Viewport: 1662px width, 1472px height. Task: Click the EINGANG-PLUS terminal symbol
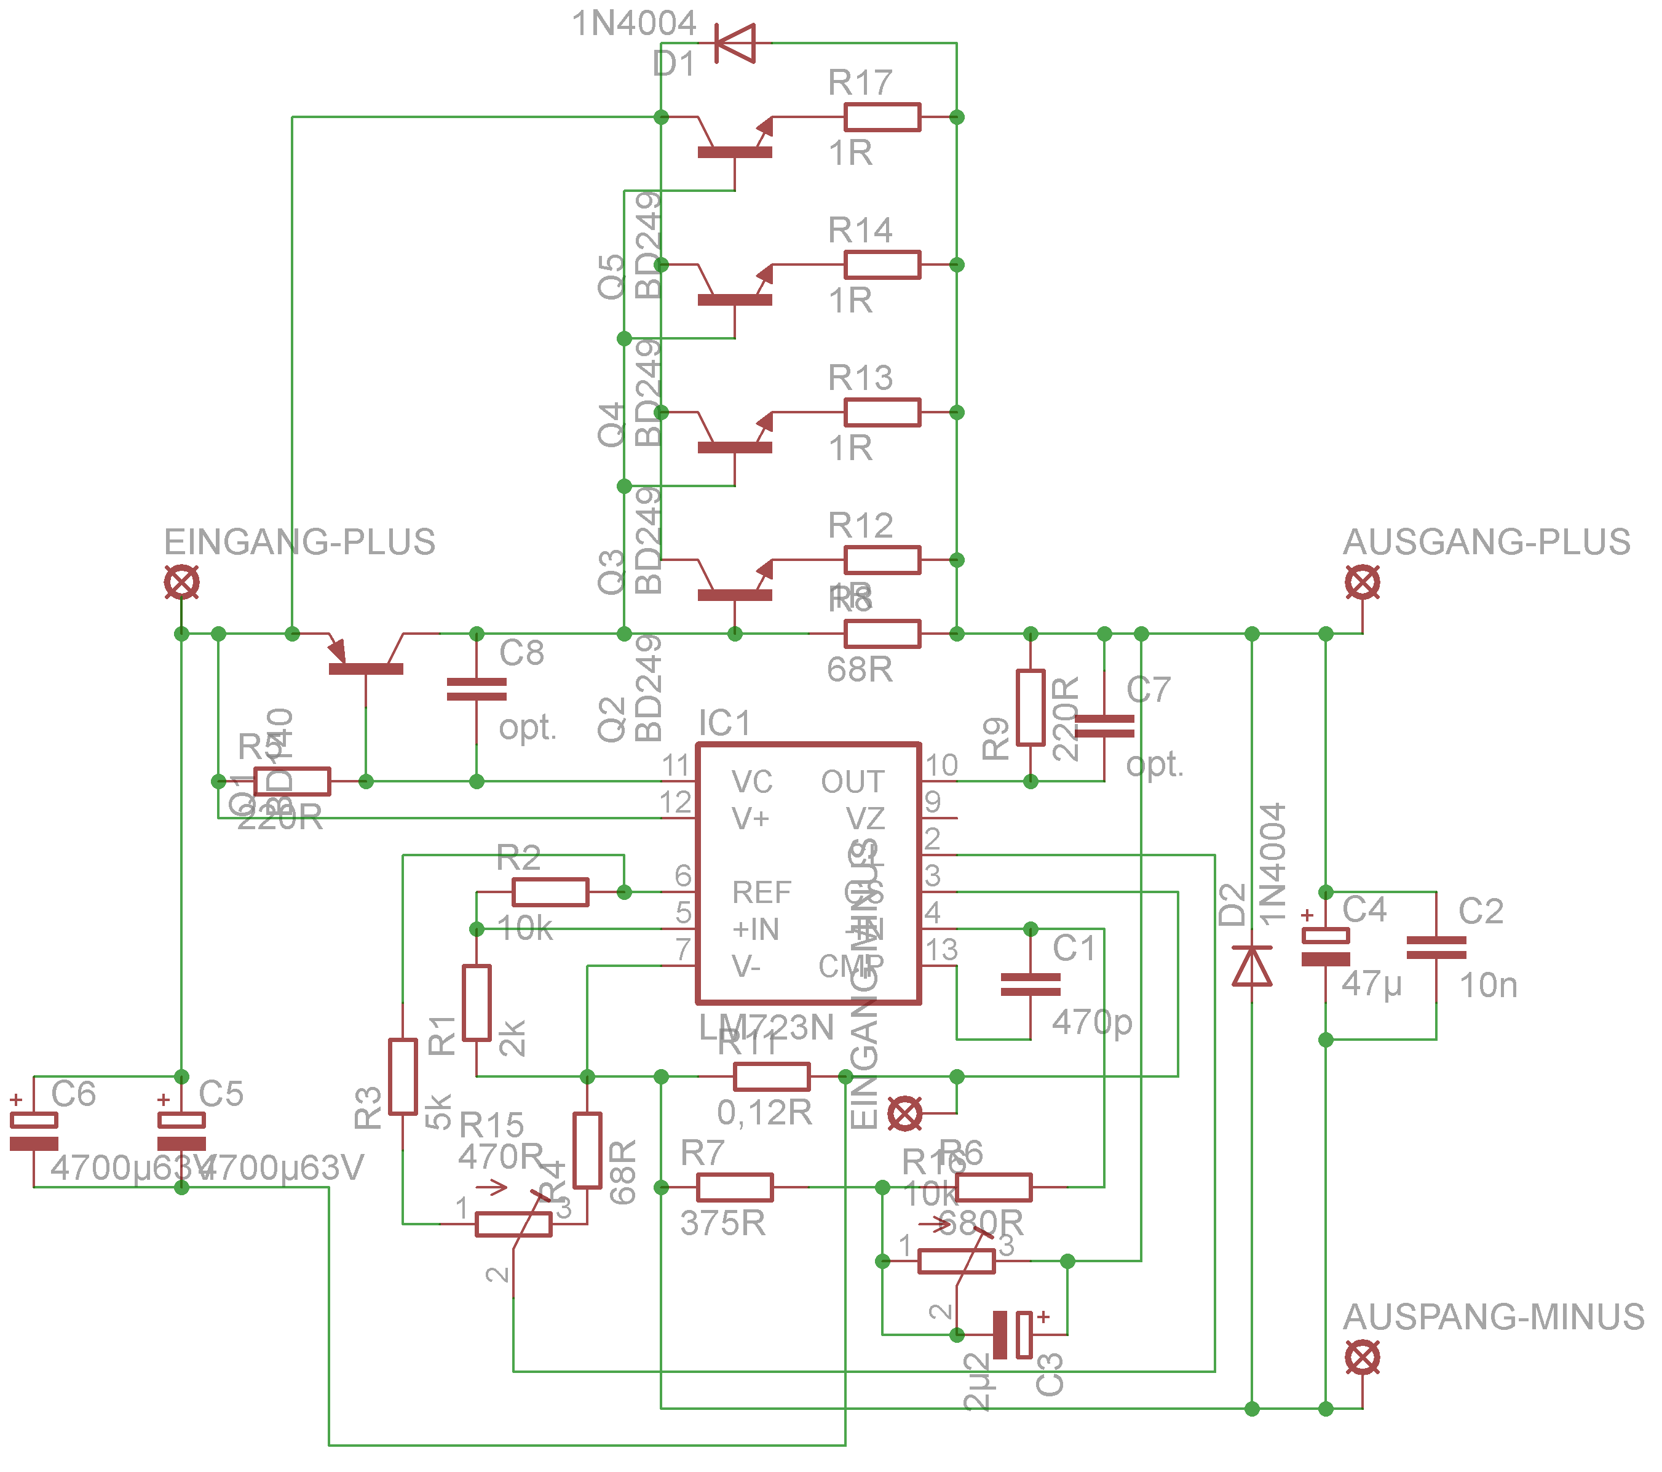181,583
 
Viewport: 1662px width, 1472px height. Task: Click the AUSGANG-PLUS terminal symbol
1362,583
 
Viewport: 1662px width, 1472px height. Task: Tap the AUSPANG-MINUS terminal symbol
1362,1358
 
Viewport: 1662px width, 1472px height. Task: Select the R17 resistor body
882,117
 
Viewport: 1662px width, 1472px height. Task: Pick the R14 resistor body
882,265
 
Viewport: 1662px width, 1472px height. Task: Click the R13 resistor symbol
882,412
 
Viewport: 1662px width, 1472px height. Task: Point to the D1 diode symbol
735,43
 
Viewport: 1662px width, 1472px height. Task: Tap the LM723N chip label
766,1028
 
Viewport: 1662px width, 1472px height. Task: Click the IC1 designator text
724,723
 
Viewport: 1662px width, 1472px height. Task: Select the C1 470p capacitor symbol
1030,984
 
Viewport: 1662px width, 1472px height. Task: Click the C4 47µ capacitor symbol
1326,947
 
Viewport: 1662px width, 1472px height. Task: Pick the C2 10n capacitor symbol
1436,947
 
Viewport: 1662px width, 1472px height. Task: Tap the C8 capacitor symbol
477,690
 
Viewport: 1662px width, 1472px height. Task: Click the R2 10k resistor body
550,892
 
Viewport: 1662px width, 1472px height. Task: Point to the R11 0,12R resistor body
772,1076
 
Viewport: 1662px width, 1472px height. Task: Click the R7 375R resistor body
735,1187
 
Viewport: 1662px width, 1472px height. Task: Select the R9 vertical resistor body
1030,707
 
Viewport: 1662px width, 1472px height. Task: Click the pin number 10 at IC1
941,765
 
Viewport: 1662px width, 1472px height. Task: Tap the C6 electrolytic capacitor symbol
33,1131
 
